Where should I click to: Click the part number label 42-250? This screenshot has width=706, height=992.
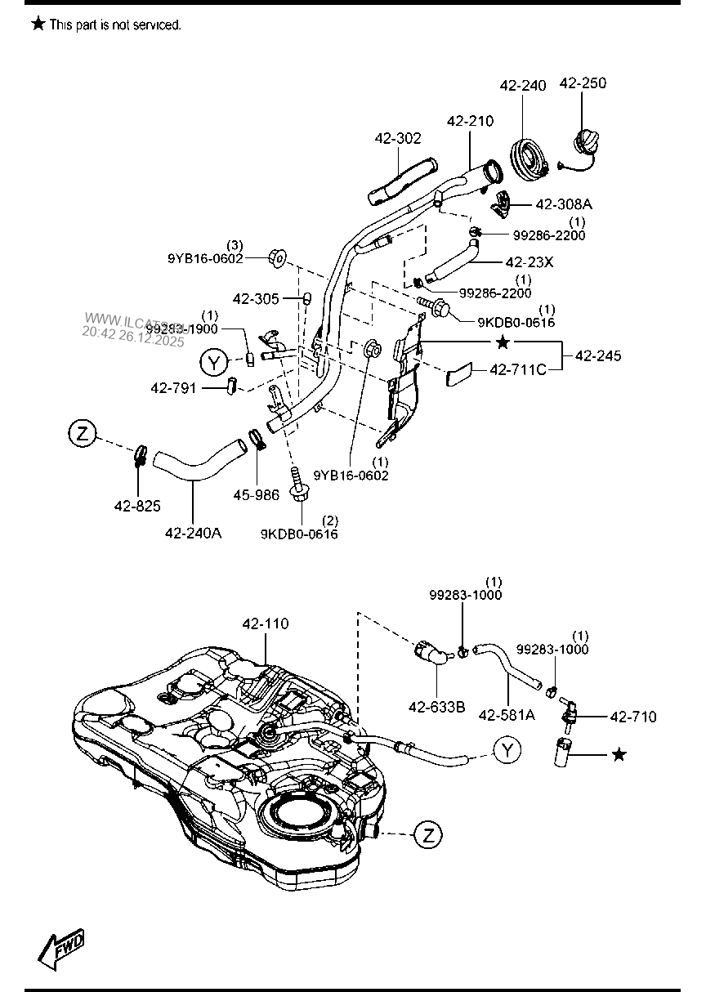click(583, 83)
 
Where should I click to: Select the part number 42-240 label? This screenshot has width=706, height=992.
click(523, 85)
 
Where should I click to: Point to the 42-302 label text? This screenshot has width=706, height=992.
click(398, 138)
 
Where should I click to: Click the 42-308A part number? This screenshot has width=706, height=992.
click(564, 204)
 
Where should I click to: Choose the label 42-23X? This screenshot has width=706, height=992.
click(529, 262)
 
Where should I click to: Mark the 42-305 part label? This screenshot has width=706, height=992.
click(256, 299)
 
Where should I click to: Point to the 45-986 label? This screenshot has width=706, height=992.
click(256, 494)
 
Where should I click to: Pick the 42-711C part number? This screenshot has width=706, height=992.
click(518, 370)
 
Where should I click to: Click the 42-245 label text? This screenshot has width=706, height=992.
click(597, 355)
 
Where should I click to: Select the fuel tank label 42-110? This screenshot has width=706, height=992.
click(265, 623)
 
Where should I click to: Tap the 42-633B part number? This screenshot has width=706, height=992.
click(437, 707)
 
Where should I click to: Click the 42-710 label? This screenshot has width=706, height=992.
click(633, 716)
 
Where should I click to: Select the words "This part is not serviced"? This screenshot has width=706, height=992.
click(115, 25)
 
